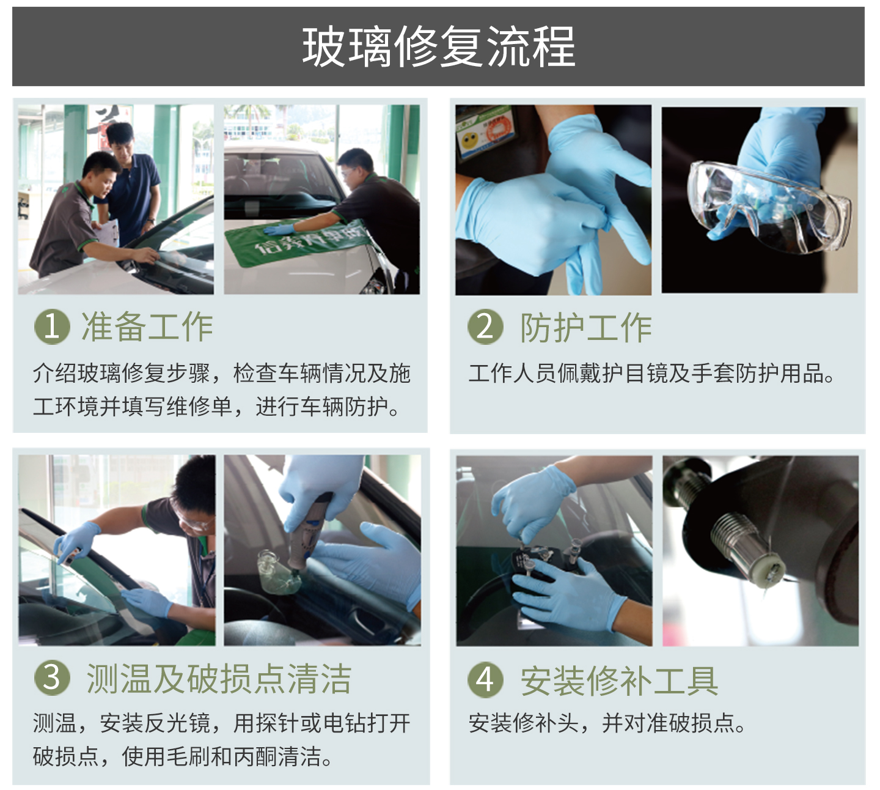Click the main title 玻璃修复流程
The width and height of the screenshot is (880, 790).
click(x=439, y=46)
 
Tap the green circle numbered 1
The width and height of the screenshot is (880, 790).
click(x=52, y=327)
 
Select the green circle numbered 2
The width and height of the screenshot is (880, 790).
click(x=485, y=327)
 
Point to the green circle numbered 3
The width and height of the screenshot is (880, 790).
click(x=52, y=678)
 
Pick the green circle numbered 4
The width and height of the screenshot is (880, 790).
click(x=485, y=680)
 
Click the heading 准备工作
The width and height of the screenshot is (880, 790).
click(x=147, y=327)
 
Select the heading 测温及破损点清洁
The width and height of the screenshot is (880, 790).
click(x=219, y=678)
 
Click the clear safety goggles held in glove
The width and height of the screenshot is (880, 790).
click(x=768, y=207)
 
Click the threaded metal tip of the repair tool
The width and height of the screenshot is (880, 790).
click(x=748, y=550)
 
